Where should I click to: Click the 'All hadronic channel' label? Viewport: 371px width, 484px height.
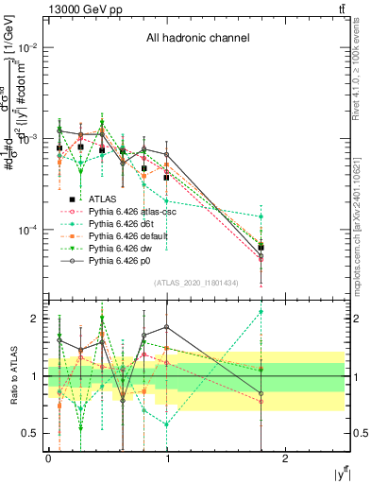click(197, 39)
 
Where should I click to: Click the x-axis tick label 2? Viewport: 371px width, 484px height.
click(287, 458)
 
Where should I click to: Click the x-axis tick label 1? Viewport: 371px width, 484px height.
click(167, 458)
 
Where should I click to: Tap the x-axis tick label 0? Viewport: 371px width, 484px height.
click(48, 458)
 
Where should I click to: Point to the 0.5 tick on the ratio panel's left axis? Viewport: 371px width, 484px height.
click(32, 434)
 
